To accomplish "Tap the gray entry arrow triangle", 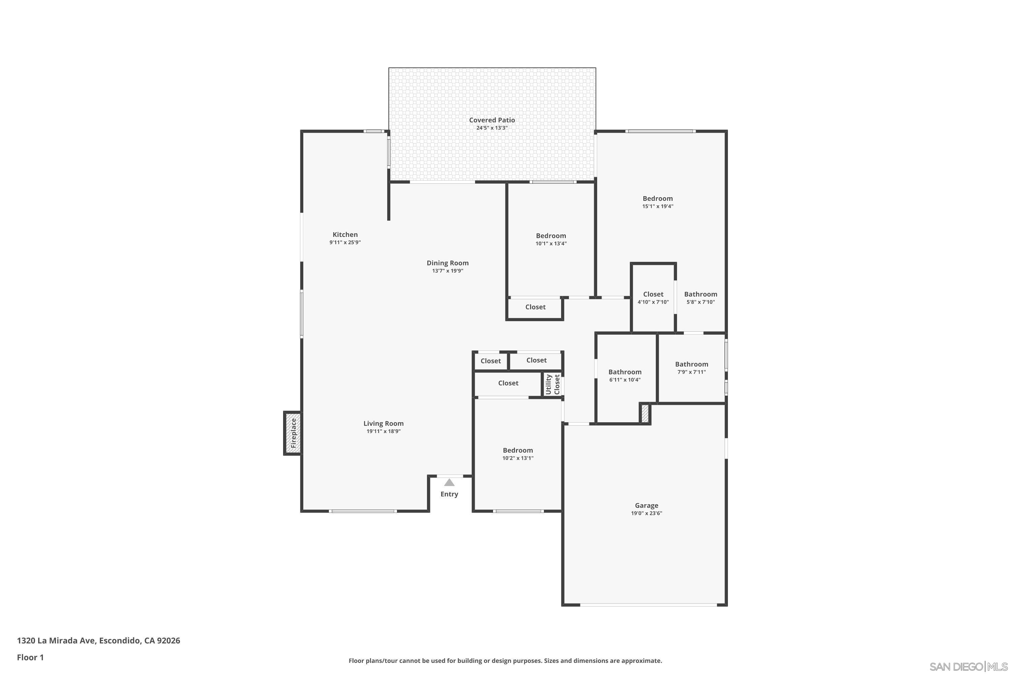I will click(x=449, y=482).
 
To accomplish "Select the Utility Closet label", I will click(x=552, y=384).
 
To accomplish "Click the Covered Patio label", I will click(x=492, y=120).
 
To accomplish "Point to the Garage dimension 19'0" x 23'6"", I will click(x=646, y=513).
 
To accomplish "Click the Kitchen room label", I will click(x=345, y=235).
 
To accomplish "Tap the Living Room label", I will click(x=384, y=423).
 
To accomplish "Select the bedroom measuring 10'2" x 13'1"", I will click(x=518, y=454).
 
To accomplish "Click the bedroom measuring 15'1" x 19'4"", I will click(x=657, y=202).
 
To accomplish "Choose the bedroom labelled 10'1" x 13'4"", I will click(x=551, y=239).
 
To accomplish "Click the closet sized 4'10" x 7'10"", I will click(x=653, y=298).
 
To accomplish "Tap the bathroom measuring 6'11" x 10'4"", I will click(x=624, y=375).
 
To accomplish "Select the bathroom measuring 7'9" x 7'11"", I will click(x=691, y=368).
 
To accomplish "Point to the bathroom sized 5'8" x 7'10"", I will click(x=700, y=298).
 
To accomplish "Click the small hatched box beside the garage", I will click(x=645, y=413).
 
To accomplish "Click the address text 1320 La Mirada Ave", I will click(x=98, y=641).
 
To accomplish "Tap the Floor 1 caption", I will click(x=30, y=657).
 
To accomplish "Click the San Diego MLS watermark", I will click(x=970, y=667).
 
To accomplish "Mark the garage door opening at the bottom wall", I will click(x=648, y=605).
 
